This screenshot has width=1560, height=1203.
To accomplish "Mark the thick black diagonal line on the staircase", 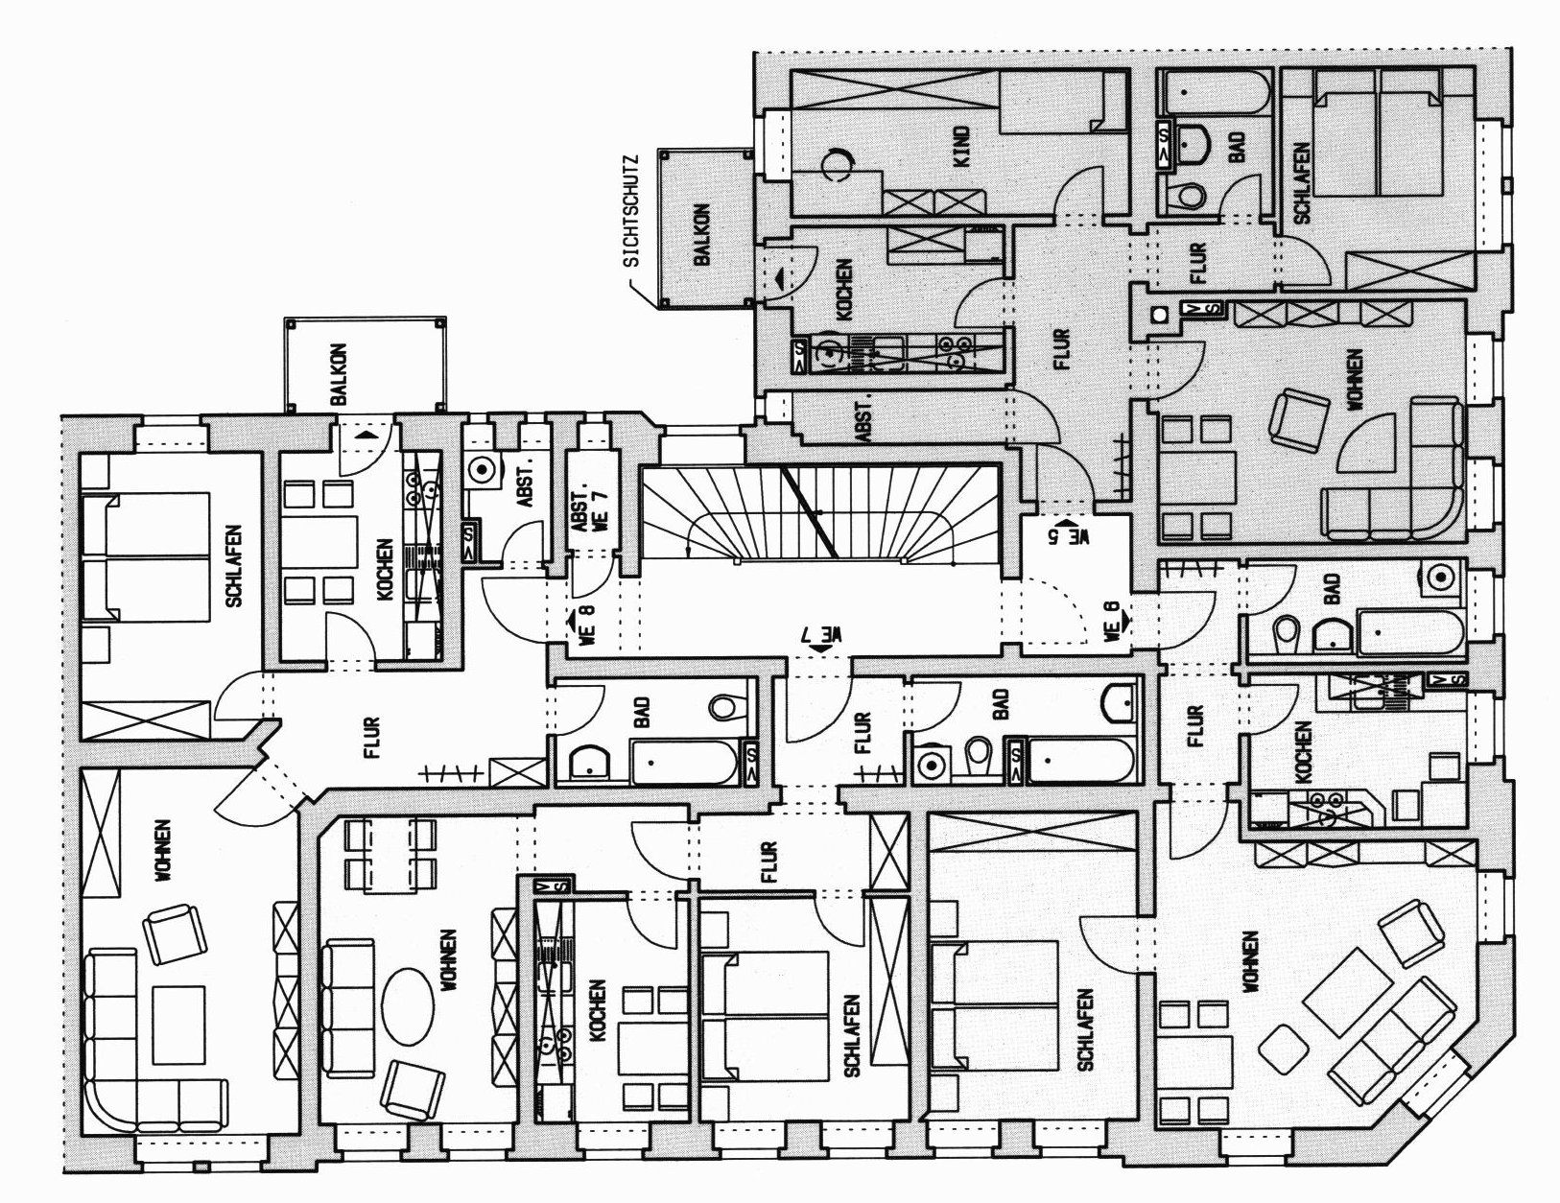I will [810, 513].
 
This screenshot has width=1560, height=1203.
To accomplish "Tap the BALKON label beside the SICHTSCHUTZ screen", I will [703, 233].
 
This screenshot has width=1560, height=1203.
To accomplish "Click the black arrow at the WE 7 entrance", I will [820, 649].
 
